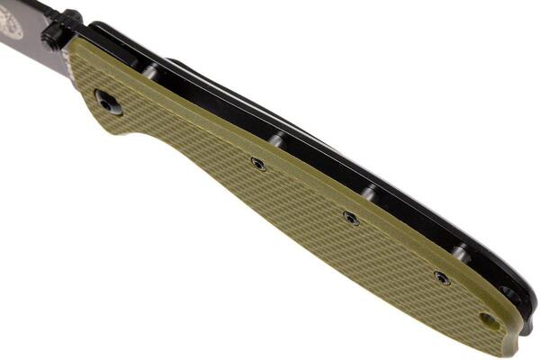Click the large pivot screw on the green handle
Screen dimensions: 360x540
coord(109,103)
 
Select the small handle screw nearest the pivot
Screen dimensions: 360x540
coord(258,164)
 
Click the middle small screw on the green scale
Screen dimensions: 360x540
coord(351,218)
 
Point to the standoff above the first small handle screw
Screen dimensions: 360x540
coord(278,139)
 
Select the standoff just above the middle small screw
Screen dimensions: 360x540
coord(368,193)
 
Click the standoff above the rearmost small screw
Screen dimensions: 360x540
coord(460,253)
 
